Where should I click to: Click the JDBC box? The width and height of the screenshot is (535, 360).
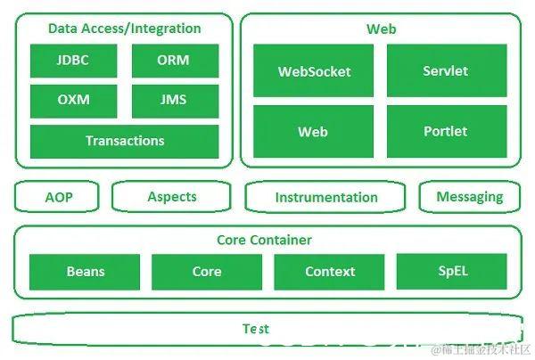tap(73, 61)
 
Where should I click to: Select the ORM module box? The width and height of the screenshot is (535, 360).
tap(173, 61)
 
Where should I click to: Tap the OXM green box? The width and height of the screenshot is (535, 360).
tap(73, 101)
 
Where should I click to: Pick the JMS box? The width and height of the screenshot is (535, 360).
tap(173, 101)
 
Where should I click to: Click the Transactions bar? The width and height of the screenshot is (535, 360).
tap(124, 141)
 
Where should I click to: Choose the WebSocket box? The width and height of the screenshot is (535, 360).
tap(313, 71)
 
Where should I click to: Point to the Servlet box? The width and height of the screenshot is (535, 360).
tap(447, 71)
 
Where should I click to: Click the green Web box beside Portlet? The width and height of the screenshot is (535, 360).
tap(313, 132)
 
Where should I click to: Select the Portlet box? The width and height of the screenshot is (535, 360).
tap(447, 132)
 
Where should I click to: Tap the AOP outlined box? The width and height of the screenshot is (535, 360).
tap(58, 197)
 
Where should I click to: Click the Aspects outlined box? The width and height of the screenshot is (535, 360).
tap(173, 197)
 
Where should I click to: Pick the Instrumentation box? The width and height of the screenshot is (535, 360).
tap(326, 197)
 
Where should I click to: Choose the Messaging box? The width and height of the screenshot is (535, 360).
tap(469, 197)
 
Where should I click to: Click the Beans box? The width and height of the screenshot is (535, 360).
tap(86, 272)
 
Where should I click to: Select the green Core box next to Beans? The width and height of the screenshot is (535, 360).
tap(207, 272)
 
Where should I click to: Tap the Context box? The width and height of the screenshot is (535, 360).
tap(329, 272)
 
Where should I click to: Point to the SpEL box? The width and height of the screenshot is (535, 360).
tap(451, 271)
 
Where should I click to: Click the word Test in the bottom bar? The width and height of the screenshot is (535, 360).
tap(256, 329)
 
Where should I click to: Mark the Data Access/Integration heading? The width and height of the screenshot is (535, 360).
tap(124, 29)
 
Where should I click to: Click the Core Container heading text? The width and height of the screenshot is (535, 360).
tap(265, 240)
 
